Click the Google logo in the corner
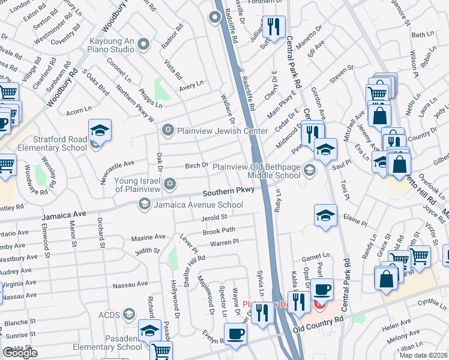click(x=20, y=353)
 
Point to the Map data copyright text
click(x=424, y=355)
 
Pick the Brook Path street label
click(x=218, y=230)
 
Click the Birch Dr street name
click(x=196, y=165)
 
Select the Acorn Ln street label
click(x=79, y=109)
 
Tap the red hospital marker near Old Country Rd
click(x=320, y=305)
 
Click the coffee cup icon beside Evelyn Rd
click(x=235, y=334)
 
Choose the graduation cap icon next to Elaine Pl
click(x=325, y=215)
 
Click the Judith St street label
click(x=147, y=251)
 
